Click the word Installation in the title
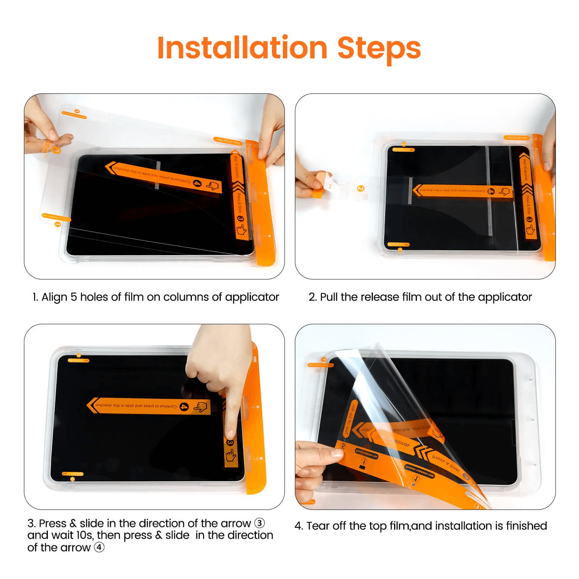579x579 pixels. click(242, 48)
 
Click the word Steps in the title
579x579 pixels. click(379, 49)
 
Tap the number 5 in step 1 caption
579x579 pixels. click(73, 297)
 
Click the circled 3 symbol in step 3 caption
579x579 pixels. click(259, 523)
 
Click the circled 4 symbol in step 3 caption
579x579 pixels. click(99, 547)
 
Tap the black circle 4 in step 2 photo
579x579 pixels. click(491, 191)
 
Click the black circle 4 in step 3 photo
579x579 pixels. click(185, 406)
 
